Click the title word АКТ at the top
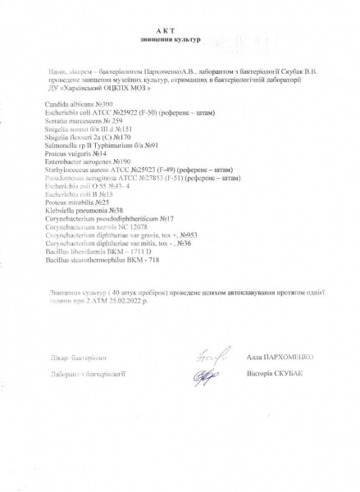point(178,30)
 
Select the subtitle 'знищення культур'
point(178,39)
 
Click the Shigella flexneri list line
point(94,138)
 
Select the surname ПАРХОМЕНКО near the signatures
point(285,358)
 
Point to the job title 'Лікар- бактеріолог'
point(79,358)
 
